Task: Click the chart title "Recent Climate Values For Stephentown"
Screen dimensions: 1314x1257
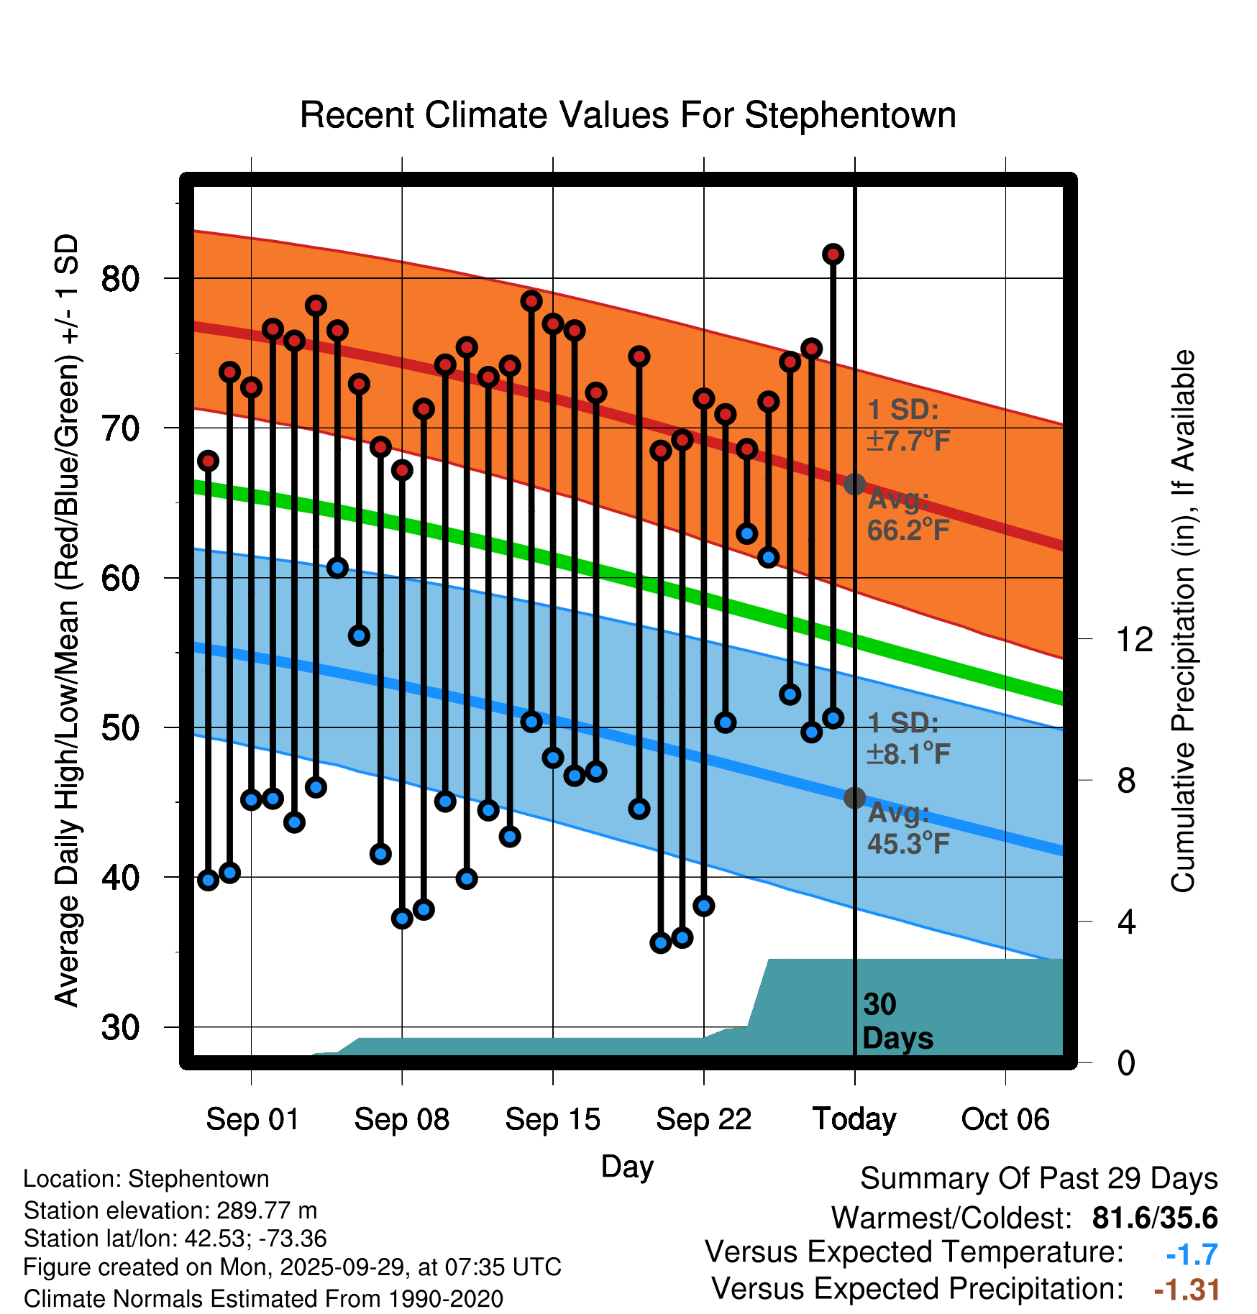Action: (628, 116)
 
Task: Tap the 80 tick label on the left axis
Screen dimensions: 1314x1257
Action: (120, 279)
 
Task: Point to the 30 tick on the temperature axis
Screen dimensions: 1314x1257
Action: (120, 1028)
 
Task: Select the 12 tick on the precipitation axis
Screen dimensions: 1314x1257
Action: (1134, 639)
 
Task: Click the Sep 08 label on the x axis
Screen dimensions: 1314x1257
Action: (401, 1119)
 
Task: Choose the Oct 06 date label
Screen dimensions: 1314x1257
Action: (1005, 1119)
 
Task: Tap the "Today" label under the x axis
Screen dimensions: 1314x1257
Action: (854, 1119)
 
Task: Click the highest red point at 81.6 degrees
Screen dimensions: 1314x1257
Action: (833, 254)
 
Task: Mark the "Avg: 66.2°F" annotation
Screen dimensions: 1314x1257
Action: (908, 515)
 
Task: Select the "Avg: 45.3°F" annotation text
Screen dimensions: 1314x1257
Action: (908, 828)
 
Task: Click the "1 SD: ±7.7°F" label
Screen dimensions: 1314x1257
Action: (908, 425)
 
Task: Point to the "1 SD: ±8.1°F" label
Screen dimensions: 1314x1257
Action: (908, 738)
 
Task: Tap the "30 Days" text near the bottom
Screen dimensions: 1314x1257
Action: (897, 1021)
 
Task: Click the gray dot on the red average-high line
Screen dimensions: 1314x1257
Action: (854, 484)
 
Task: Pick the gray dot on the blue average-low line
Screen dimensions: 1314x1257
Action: (854, 798)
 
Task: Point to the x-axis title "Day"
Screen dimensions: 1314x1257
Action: (627, 1167)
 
